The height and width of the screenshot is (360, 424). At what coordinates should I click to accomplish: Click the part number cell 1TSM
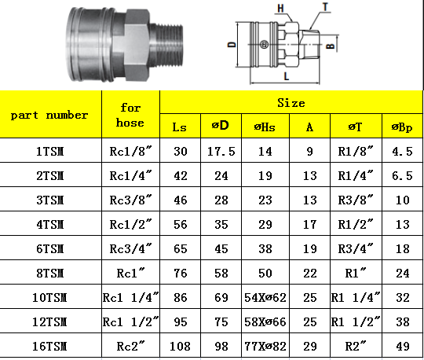click(x=50, y=151)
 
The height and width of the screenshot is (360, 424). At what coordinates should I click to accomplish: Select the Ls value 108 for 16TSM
click(x=180, y=346)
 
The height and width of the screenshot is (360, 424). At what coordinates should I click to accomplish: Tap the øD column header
click(x=221, y=125)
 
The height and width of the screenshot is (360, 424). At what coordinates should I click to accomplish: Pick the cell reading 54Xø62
click(x=265, y=297)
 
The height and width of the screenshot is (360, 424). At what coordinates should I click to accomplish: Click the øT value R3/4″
click(x=356, y=248)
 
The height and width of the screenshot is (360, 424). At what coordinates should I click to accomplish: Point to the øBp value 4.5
click(x=402, y=151)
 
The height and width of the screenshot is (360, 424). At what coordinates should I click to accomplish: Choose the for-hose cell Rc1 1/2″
click(x=131, y=321)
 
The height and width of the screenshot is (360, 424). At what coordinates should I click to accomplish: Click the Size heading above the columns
click(x=291, y=103)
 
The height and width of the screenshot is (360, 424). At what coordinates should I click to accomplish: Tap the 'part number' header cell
click(x=49, y=115)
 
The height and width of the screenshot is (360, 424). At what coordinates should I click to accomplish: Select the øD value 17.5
click(x=221, y=151)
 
